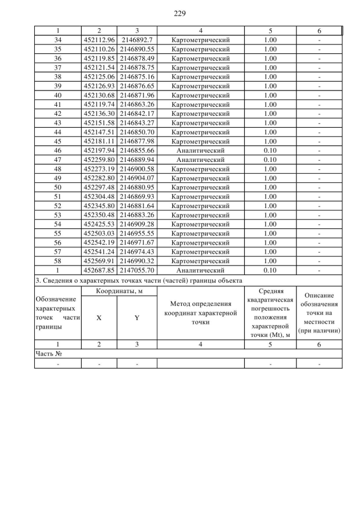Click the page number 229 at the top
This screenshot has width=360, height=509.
[180, 13]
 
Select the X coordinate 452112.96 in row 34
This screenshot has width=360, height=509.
[99, 39]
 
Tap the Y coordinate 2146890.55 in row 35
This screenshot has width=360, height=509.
[137, 49]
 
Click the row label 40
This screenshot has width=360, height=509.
[58, 95]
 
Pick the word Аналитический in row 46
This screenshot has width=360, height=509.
[200, 151]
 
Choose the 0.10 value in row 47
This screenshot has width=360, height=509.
[270, 160]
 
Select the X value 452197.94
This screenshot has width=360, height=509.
[99, 151]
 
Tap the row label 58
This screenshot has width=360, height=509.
[58, 262]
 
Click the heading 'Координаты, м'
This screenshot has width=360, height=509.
[118, 291]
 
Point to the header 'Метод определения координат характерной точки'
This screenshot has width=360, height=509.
[200, 313]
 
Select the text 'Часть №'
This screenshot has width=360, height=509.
[48, 354]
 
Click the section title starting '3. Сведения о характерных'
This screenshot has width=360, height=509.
[138, 280]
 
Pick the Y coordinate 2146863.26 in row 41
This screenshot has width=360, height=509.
[137, 105]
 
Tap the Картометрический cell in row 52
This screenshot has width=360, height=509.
[200, 206]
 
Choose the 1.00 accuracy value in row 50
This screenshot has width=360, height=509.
[270, 187]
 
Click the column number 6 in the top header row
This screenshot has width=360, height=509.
[319, 30]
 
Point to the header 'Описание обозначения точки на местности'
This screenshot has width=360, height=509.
[319, 313]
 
